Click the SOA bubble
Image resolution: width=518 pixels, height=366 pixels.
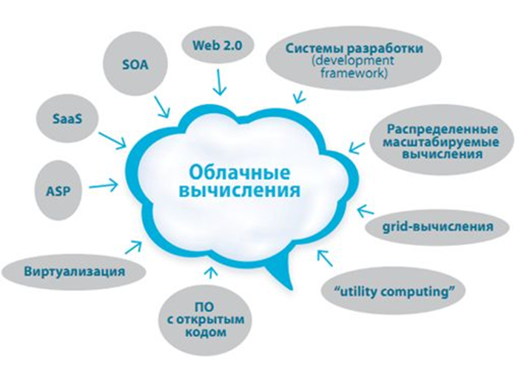(x=135, y=64)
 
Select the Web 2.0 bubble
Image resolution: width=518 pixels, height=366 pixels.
(x=218, y=45)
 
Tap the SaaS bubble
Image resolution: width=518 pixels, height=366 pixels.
(x=67, y=119)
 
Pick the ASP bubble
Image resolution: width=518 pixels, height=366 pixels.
(x=58, y=190)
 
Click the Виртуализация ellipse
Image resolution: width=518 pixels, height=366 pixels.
(x=73, y=272)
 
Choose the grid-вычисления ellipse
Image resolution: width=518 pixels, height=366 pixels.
(x=437, y=227)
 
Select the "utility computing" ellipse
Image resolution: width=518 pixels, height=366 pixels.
(x=394, y=292)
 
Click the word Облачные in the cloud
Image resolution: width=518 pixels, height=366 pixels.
(x=240, y=172)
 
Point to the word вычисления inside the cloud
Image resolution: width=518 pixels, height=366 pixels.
(x=240, y=190)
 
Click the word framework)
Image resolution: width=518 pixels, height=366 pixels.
(x=354, y=73)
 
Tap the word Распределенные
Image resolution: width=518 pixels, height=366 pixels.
(x=442, y=129)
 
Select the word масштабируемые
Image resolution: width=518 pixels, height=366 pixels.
(x=441, y=142)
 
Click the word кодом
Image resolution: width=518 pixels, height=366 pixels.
(x=206, y=332)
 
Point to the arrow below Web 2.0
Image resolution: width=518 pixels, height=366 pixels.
(x=219, y=82)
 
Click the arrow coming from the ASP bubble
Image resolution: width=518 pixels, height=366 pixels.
(x=104, y=185)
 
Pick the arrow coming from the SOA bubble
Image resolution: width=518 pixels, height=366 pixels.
(x=162, y=107)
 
